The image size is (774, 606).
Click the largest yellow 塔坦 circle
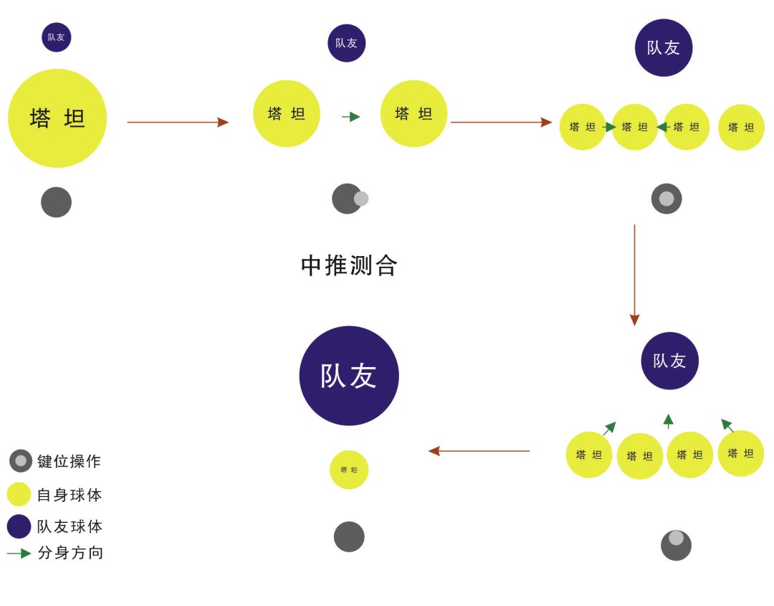pyautogui.click(x=57, y=118)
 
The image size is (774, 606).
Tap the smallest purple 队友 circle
pyautogui.click(x=57, y=37)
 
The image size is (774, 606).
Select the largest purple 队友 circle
pyautogui.click(x=349, y=376)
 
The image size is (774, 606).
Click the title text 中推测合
pyautogui.click(x=349, y=265)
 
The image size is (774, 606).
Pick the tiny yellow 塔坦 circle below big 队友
pyautogui.click(x=349, y=470)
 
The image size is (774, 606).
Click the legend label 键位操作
pyautogui.click(x=69, y=461)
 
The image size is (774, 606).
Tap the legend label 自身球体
pyautogui.click(x=70, y=495)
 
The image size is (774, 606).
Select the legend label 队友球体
pyautogui.click(x=70, y=526)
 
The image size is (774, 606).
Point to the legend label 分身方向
pyautogui.click(x=70, y=553)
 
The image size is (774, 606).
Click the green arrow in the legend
pyautogui.click(x=19, y=554)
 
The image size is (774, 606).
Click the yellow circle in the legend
pyautogui.click(x=19, y=494)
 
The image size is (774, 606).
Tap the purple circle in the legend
pyautogui.click(x=19, y=526)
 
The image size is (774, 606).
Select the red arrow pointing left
pyautogui.click(x=479, y=451)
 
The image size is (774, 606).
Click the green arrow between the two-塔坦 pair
pyautogui.click(x=350, y=117)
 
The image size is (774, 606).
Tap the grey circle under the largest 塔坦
pyautogui.click(x=56, y=202)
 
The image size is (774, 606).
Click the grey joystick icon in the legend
pyautogui.click(x=21, y=461)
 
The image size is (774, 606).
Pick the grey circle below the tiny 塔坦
pyautogui.click(x=349, y=536)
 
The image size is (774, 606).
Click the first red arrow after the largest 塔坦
pyautogui.click(x=178, y=122)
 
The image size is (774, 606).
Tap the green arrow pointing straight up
pyautogui.click(x=668, y=421)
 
